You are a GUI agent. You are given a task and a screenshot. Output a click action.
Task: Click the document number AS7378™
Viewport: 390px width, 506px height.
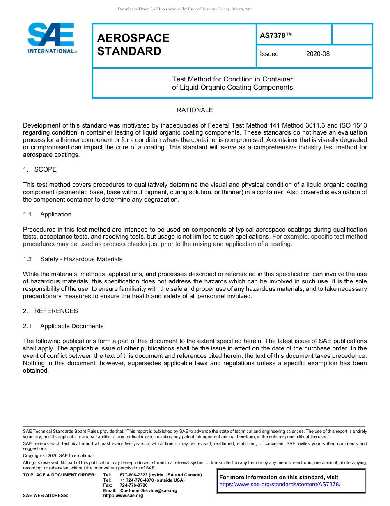coord(276,36)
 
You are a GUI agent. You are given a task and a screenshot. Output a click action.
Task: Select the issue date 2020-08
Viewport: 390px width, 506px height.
coord(318,54)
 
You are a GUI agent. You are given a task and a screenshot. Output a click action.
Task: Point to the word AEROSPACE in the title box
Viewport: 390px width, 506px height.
coord(133,38)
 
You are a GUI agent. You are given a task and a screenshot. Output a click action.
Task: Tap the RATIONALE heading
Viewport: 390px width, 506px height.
coord(195,110)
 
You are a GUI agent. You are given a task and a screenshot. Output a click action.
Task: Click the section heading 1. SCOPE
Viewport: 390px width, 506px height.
coord(40,169)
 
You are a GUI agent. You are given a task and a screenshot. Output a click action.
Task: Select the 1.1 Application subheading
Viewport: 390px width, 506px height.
coord(47,214)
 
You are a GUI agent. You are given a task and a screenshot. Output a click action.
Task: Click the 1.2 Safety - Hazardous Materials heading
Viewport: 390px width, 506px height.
coord(73,259)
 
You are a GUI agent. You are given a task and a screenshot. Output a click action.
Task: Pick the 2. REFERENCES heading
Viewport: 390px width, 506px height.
coord(50,311)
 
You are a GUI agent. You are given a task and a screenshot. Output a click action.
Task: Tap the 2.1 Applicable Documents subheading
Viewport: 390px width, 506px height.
coord(63,326)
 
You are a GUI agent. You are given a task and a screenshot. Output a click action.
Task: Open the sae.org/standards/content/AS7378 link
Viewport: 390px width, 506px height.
coord(280,485)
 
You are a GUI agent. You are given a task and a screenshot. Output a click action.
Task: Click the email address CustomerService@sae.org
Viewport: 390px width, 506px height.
coord(148,490)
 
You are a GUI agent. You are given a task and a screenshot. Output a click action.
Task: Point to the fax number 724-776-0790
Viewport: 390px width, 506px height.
coord(133,485)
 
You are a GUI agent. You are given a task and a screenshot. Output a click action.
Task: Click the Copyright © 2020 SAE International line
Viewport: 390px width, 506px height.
coord(58,455)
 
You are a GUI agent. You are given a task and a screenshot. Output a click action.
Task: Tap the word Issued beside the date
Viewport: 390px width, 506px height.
coord(269,54)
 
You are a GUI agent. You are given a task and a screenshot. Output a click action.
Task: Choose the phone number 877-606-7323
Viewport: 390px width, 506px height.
coord(134,475)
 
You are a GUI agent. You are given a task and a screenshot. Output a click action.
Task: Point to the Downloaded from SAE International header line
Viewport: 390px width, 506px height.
coord(185,9)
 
